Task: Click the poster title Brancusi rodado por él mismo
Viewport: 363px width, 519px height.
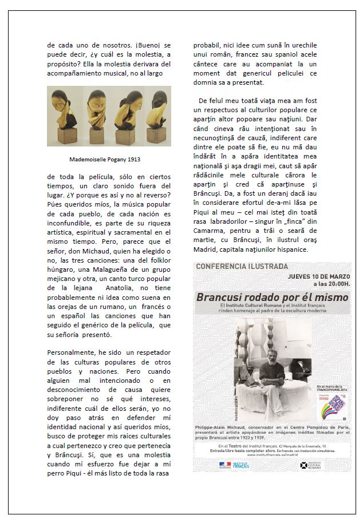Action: (x=272, y=298)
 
